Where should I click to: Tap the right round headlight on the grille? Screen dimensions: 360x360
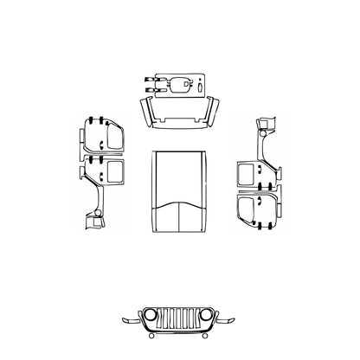[206, 315]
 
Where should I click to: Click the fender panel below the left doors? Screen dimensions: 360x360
[93, 216]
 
